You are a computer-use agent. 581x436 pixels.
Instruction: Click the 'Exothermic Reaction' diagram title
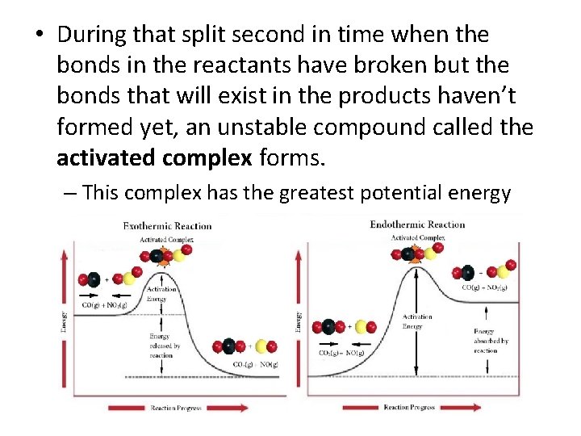(x=167, y=226)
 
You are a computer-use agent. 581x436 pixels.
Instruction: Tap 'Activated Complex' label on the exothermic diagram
(x=166, y=240)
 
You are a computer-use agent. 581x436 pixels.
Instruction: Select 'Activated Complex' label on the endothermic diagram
(x=417, y=237)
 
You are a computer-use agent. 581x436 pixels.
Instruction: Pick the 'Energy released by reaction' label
(x=165, y=345)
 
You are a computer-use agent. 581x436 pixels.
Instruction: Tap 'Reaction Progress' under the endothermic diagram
(x=409, y=408)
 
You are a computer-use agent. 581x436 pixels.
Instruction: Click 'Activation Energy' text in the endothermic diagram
(x=417, y=321)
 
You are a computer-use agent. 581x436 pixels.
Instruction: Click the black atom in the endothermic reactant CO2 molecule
(x=328, y=327)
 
